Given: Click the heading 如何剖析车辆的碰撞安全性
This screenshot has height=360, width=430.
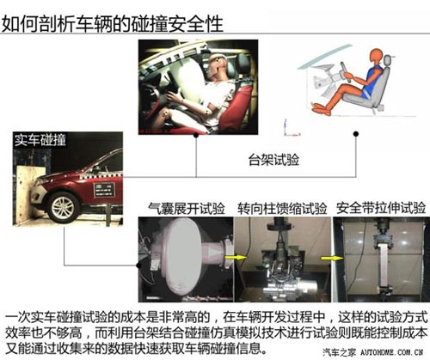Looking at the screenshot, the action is click(x=113, y=24).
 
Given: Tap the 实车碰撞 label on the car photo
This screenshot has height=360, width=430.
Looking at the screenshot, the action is click(x=40, y=140).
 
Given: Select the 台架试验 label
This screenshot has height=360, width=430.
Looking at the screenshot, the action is click(x=273, y=160).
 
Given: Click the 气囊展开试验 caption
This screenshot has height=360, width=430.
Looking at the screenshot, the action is click(x=187, y=208).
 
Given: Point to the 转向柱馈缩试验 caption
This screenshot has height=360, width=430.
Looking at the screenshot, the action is click(x=282, y=208).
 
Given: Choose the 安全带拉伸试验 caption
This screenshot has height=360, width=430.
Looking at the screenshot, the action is click(x=381, y=208).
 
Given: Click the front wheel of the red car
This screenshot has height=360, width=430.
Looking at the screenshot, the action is click(x=63, y=207).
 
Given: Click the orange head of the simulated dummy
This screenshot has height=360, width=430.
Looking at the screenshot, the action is click(x=376, y=57).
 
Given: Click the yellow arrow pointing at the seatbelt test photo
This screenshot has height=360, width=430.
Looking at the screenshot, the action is click(x=332, y=259).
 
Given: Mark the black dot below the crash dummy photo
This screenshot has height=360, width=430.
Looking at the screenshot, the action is click(x=196, y=135).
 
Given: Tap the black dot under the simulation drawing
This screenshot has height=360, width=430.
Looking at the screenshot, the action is click(x=356, y=134).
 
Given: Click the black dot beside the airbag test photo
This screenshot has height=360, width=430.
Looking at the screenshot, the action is click(x=138, y=265).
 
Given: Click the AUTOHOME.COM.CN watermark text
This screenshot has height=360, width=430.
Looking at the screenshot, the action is click(x=391, y=352).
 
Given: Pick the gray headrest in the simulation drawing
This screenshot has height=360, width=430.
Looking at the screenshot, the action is click(x=387, y=60).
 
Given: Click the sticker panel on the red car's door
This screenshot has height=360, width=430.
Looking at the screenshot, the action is click(x=104, y=190).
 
